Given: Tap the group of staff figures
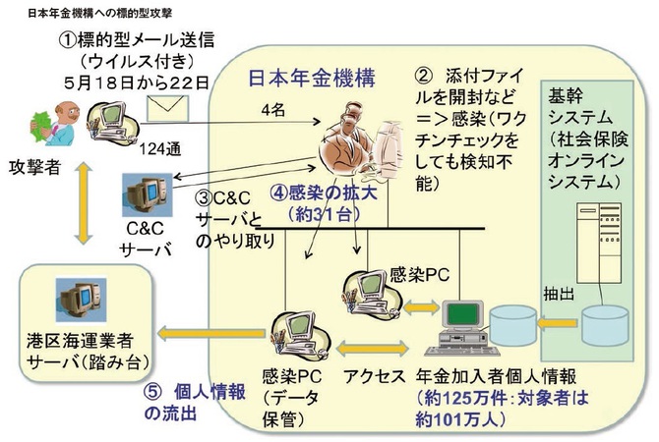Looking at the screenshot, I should click(x=355, y=146).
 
